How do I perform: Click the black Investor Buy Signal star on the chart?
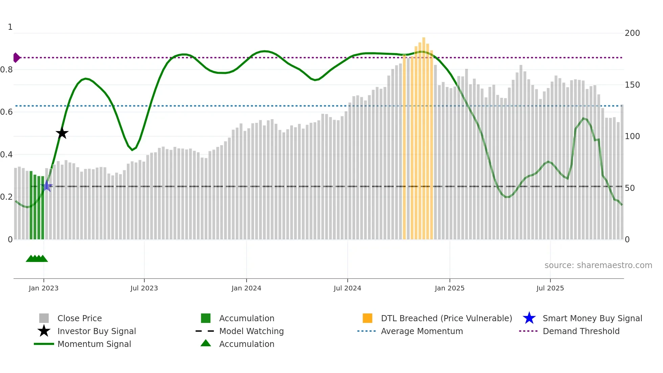pyautogui.click(x=62, y=133)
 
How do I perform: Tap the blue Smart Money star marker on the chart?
pyautogui.click(x=47, y=186)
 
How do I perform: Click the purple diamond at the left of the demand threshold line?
pyautogui.click(x=16, y=58)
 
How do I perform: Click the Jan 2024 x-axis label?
pyautogui.click(x=246, y=288)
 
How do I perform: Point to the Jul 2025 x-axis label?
pyautogui.click(x=550, y=288)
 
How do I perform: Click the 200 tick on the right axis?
pyautogui.click(x=632, y=33)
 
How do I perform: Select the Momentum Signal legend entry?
pyautogui.click(x=94, y=344)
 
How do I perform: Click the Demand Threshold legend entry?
pyautogui.click(x=581, y=331)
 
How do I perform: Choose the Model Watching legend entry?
pyautogui.click(x=251, y=331)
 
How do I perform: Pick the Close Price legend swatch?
pyautogui.click(x=44, y=318)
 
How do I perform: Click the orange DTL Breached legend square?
pyautogui.click(x=367, y=318)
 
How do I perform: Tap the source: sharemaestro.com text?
pyautogui.click(x=598, y=265)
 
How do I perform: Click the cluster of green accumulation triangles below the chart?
pyautogui.click(x=37, y=259)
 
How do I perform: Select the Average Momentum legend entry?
pyautogui.click(x=421, y=331)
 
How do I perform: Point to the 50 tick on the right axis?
pyautogui.click(x=630, y=188)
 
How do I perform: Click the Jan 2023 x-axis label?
pyautogui.click(x=44, y=288)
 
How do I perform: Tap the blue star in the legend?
pyautogui.click(x=529, y=318)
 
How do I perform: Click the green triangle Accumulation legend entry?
pyautogui.click(x=246, y=344)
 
